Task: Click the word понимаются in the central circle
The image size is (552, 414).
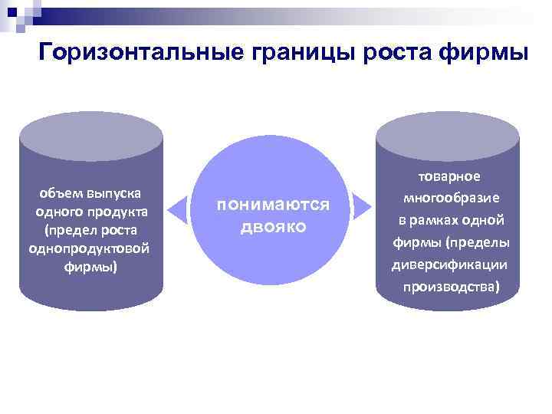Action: pos(273,205)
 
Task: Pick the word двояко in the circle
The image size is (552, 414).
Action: pos(273,227)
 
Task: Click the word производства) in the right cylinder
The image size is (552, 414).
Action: pos(449,287)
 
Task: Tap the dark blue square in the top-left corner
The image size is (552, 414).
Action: pos(11,11)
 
